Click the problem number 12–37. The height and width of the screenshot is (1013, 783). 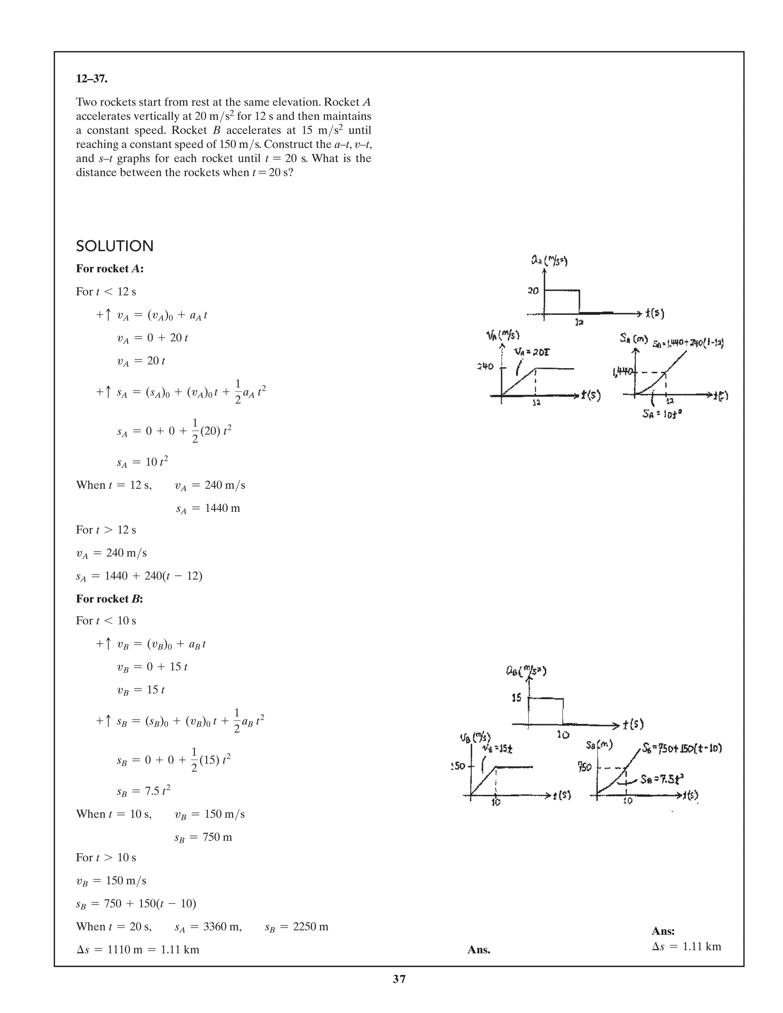[x=91, y=79]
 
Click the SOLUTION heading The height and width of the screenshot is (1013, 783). [x=115, y=246]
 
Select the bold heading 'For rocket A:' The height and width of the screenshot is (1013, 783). [x=109, y=269]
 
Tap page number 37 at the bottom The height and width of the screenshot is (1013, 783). [x=399, y=979]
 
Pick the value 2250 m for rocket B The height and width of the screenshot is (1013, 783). [x=310, y=927]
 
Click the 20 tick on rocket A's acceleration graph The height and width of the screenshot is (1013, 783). [x=533, y=291]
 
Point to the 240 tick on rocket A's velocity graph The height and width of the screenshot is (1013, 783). [x=485, y=367]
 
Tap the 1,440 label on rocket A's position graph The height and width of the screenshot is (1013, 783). [x=622, y=372]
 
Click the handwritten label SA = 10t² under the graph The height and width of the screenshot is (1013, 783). [x=662, y=413]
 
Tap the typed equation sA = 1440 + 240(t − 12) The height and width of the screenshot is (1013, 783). [x=139, y=576]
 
